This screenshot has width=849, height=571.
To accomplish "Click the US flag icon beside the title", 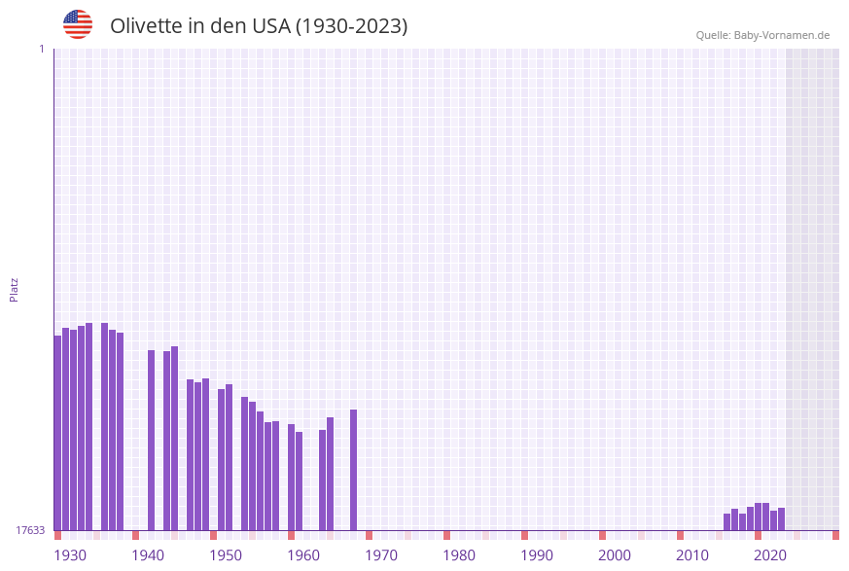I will [78, 24].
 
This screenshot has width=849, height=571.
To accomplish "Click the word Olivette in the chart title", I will [146, 26].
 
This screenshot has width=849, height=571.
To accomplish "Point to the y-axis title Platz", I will [14, 289].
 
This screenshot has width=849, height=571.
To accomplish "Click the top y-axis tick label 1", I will [42, 49].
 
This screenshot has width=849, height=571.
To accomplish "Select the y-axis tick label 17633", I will [30, 530].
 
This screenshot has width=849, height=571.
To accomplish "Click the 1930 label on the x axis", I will [70, 555].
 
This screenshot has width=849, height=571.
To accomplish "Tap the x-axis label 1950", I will [226, 555].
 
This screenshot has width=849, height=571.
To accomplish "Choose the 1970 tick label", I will [381, 555].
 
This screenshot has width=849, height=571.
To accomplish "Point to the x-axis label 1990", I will [537, 555].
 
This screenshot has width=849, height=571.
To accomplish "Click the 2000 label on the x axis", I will [615, 555].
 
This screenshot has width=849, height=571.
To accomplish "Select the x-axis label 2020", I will [770, 555].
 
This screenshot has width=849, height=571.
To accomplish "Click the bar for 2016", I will [727, 521].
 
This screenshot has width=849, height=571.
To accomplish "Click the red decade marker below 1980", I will [447, 535].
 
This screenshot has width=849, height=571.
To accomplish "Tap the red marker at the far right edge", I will [835, 535].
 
